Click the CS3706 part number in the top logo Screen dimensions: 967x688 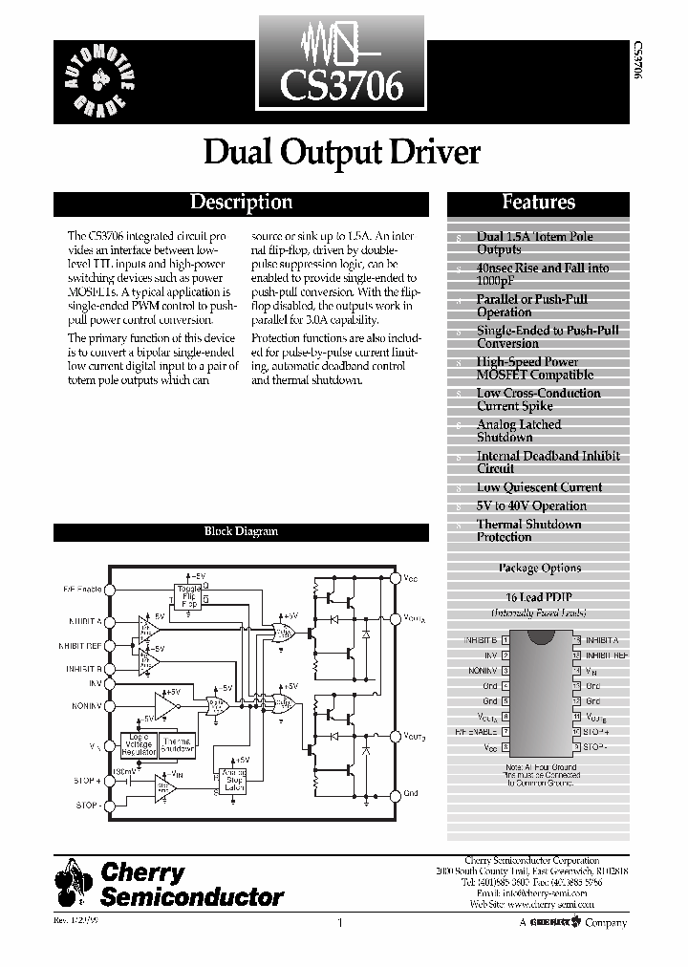341,88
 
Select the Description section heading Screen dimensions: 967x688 241,203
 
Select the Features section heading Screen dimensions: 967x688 538,203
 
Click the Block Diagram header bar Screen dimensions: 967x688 241,531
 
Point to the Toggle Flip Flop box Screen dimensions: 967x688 188,596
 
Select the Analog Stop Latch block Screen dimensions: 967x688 233,779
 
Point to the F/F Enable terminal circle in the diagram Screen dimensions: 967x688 109,591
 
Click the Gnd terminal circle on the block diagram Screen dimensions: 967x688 395,792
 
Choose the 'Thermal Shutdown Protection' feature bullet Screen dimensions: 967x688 528,530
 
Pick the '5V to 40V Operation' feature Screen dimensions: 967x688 531,505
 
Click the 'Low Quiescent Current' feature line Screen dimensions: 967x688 539,487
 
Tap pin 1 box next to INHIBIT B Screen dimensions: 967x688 505,639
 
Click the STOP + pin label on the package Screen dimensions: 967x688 596,731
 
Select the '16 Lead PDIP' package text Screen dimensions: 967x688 539,596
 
